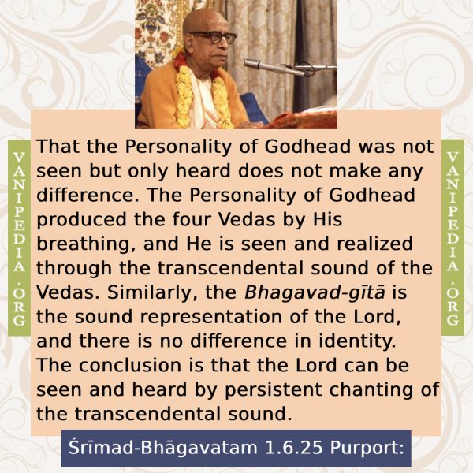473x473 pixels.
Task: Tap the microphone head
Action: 252,64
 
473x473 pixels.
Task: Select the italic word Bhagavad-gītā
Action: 315,293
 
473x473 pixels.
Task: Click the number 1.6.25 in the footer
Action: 293,448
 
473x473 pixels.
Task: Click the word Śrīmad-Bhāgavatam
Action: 163,447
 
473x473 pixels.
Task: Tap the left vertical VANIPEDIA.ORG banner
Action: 19,238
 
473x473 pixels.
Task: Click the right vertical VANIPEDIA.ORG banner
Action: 453,238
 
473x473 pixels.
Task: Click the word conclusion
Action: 130,365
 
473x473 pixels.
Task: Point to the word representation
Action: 211,318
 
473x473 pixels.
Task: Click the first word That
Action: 58,147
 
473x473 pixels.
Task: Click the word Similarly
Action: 153,293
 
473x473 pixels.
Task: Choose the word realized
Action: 374,244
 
